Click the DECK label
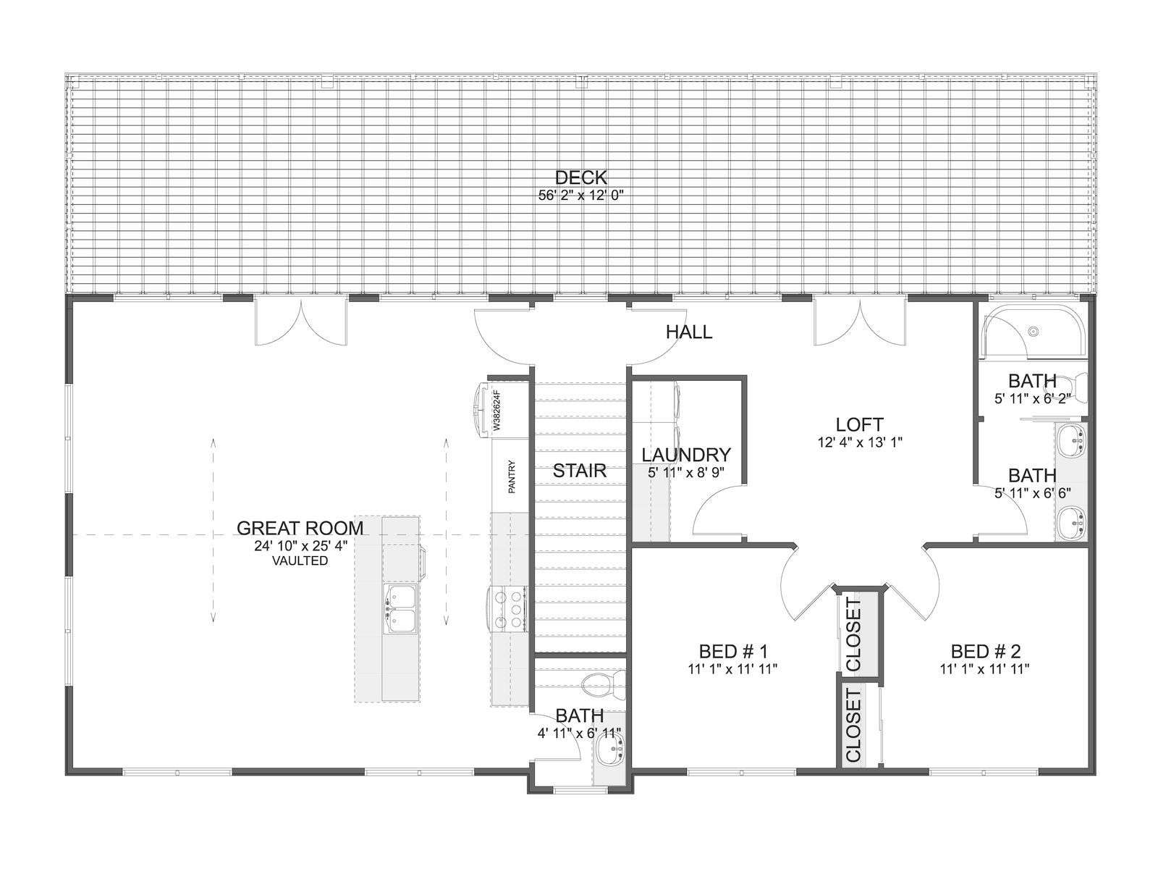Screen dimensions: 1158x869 coord(580,177)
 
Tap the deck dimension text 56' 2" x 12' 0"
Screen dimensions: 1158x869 coord(581,196)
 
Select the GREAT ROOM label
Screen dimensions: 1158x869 coord(300,528)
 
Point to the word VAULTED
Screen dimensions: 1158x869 coord(300,561)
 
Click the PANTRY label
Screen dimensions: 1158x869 coord(511,477)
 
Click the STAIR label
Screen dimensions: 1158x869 coord(579,471)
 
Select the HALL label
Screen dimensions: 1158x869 coord(689,332)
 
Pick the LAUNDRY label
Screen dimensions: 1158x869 coord(686,455)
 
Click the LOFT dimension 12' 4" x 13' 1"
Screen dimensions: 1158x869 coord(860,442)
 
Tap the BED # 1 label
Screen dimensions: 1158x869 coord(733,651)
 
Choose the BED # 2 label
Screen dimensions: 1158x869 coord(985,651)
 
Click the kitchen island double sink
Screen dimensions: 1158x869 coord(400,609)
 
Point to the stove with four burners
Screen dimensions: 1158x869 coord(507,609)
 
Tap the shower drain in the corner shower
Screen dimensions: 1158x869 coord(1034,332)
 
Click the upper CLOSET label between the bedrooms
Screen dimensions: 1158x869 coord(853,635)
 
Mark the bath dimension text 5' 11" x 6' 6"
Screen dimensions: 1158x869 coord(1033,493)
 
